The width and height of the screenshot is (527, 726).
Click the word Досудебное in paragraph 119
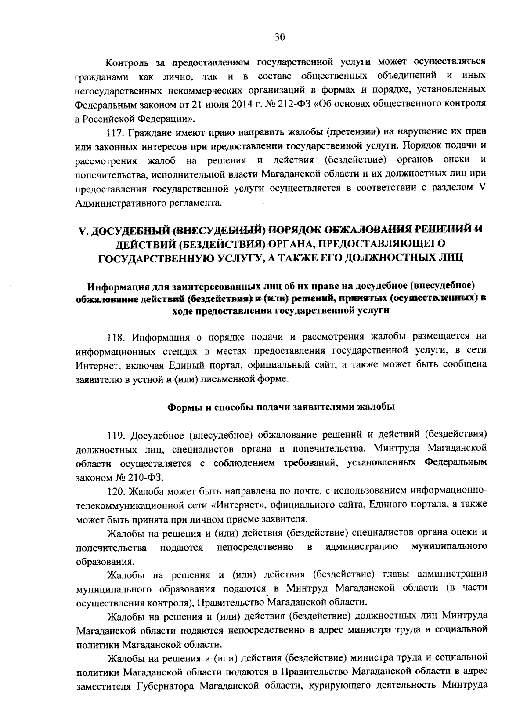point(157,435)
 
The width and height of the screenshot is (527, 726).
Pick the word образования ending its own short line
point(104,561)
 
